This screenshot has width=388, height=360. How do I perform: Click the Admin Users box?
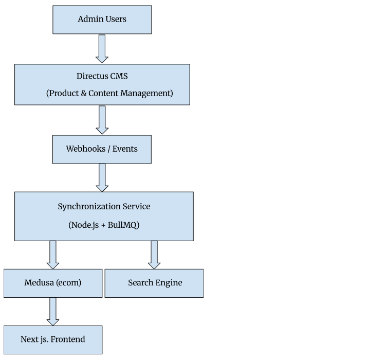102,20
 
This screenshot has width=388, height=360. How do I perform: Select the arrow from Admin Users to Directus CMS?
102,49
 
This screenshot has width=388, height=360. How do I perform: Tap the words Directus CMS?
102,76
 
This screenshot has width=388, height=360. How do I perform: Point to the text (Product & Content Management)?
109,93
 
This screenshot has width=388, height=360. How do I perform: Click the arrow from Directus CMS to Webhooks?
102,120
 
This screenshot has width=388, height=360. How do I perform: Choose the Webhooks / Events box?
102,149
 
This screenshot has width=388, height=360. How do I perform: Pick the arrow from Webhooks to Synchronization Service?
102,177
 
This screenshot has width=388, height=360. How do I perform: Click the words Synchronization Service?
104,207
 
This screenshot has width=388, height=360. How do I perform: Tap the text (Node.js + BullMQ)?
104,225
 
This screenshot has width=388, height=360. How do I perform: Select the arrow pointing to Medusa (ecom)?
53,255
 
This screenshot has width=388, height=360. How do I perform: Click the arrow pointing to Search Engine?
154,255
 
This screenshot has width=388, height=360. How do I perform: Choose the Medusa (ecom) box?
53,283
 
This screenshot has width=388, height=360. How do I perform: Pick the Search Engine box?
154,283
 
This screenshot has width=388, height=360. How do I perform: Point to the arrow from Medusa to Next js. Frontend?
53,312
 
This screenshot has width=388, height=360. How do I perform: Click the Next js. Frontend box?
53,340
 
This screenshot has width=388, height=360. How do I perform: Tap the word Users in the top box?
116,19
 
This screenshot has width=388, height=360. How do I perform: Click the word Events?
125,149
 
